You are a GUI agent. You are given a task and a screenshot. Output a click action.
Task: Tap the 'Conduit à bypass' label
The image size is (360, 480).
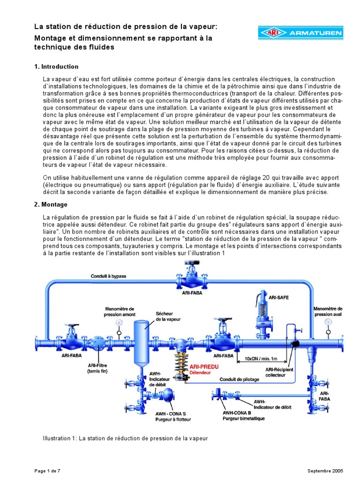coord(108,276)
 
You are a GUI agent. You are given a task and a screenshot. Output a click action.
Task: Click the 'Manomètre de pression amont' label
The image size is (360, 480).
coord(120,312)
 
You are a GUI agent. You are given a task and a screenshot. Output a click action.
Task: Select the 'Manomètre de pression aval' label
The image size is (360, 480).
coord(328,312)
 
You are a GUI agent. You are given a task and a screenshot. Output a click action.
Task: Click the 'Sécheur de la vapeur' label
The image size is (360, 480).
coord(167,316)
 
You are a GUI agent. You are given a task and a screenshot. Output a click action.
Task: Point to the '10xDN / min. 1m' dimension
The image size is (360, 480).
coord(261,359)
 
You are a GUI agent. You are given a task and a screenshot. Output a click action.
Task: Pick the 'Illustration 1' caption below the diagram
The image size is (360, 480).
coord(125,439)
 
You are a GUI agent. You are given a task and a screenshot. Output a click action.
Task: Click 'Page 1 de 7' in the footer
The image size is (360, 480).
coord(48,471)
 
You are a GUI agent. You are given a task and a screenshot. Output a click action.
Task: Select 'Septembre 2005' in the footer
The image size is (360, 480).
coord(325,471)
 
